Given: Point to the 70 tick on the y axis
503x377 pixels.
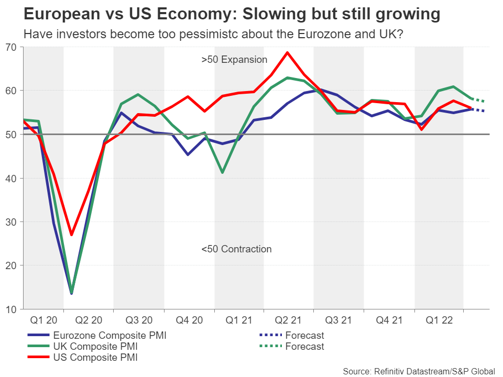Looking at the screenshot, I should click(12, 47).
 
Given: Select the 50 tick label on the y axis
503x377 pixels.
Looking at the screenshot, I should click(12, 134).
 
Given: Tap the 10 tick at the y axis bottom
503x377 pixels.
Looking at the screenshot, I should click(12, 309).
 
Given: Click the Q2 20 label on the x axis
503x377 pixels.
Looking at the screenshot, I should click(89, 319).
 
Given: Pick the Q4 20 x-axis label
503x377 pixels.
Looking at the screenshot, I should click(189, 319).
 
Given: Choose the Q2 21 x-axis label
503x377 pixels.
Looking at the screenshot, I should click(289, 319).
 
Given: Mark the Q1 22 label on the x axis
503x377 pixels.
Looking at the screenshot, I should click(440, 319).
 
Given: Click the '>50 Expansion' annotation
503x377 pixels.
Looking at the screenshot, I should click(234, 60).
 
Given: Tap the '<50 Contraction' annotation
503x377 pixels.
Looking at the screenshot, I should click(236, 249).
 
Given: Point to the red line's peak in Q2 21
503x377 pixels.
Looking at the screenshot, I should click(287, 52).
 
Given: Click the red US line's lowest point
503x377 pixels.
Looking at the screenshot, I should click(72, 235).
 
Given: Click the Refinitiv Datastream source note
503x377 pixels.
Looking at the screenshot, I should click(419, 371).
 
